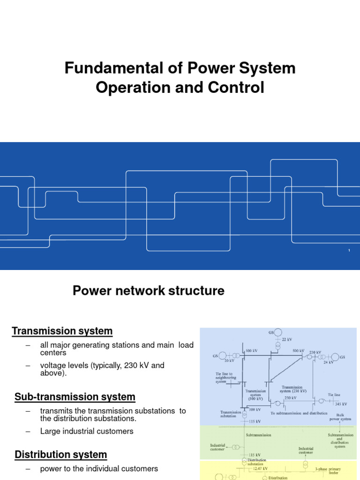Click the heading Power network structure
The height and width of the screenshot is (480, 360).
coord(149,291)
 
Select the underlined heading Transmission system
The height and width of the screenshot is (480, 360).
coord(62,331)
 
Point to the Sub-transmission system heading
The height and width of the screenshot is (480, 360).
coord(75,397)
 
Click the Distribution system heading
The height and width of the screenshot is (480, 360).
coord(61,454)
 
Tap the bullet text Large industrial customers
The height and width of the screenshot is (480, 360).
coord(87,431)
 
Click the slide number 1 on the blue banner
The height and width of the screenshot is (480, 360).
coord(349,252)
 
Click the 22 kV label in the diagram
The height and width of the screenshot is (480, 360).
coord(287,339)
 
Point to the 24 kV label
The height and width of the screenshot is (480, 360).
coord(328,362)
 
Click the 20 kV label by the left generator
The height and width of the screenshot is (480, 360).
coord(229,361)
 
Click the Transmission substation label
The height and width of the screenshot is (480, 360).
coord(231,414)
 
